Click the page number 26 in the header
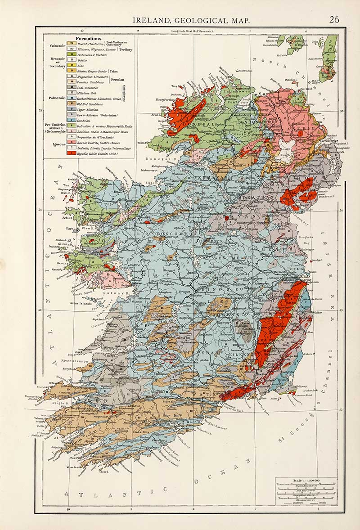(334, 19)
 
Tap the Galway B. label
(110, 293)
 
